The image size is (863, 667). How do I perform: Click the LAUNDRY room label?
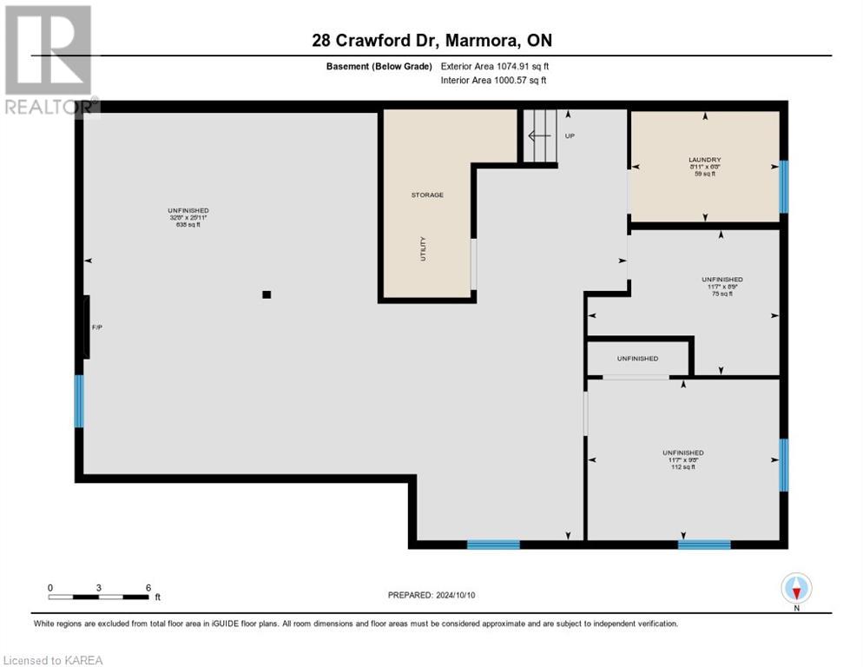[704, 159]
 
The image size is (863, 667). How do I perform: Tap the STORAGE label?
[427, 195]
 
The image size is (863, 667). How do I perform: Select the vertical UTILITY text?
[423, 249]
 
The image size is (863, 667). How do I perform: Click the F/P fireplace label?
[98, 327]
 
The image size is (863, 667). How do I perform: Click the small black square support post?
[267, 294]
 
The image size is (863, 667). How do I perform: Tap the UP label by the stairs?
[570, 136]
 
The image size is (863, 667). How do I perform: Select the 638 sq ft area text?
[188, 224]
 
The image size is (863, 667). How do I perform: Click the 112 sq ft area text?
[682, 467]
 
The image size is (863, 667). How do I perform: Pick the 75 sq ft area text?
[721, 294]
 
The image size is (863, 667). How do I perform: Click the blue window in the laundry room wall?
[783, 186]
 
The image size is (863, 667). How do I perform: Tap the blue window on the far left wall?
[79, 400]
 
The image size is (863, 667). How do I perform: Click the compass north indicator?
[796, 589]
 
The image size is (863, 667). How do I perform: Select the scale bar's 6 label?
[148, 587]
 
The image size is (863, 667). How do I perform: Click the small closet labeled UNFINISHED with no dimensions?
[637, 359]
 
